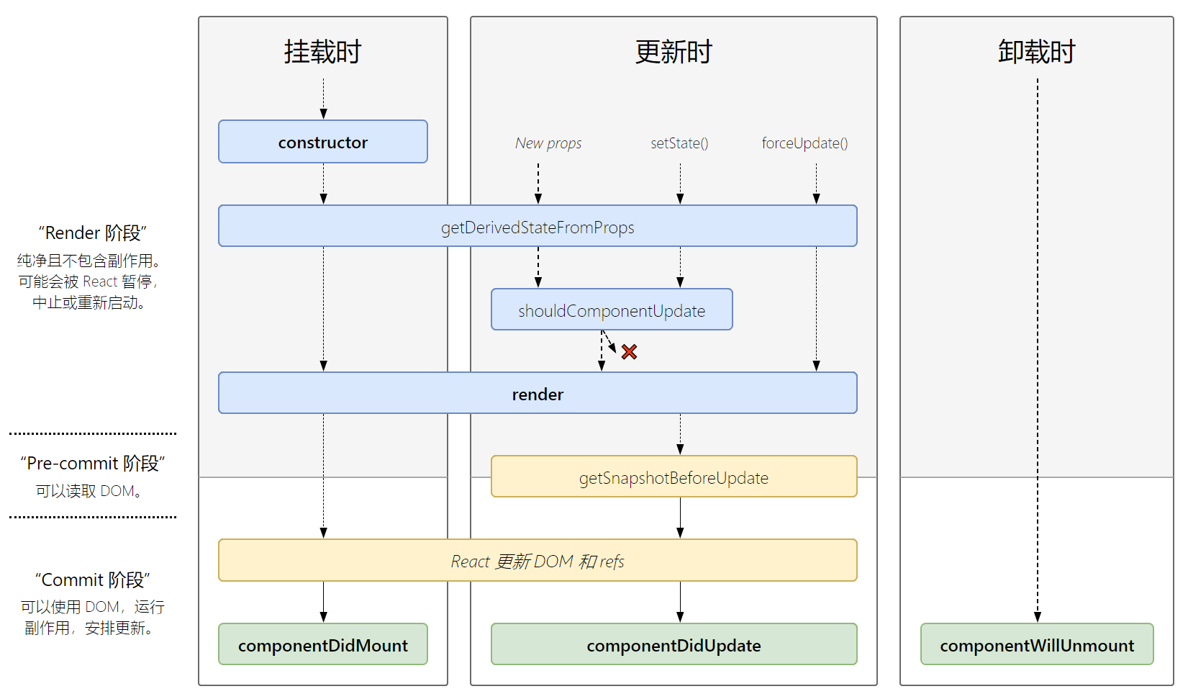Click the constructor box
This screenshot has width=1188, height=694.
tap(323, 142)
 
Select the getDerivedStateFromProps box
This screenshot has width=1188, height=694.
tap(538, 226)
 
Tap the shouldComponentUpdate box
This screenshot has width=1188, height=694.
tap(612, 310)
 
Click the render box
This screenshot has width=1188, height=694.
tap(538, 393)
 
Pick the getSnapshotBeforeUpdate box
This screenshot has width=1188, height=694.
tap(674, 477)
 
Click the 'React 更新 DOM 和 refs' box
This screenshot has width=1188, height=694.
tap(538, 560)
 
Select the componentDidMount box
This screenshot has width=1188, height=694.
tap(323, 644)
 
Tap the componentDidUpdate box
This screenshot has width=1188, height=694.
tap(674, 644)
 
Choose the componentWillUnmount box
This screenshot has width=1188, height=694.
tap(1038, 644)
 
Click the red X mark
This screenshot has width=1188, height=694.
tap(629, 352)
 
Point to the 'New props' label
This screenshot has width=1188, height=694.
tap(548, 143)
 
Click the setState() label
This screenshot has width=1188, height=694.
tap(679, 143)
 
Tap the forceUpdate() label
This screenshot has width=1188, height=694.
tap(804, 143)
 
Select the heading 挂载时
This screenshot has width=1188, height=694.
tap(323, 52)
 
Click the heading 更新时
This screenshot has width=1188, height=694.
tap(674, 52)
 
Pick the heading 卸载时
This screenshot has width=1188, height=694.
tap(1037, 52)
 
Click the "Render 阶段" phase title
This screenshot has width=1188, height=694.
tap(92, 233)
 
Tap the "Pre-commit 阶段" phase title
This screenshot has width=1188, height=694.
tap(92, 463)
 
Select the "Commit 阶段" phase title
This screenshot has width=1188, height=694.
tap(92, 580)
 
